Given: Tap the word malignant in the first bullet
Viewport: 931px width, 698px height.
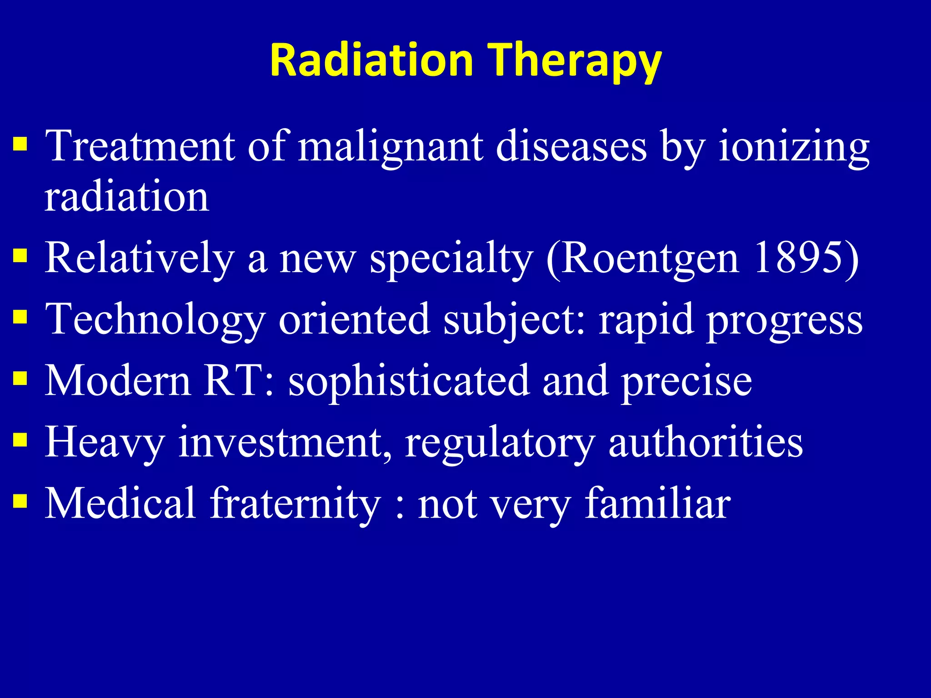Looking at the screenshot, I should (390, 146).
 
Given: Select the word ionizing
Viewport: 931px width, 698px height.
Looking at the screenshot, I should (793, 146).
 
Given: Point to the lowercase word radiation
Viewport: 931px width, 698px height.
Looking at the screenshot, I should (126, 196).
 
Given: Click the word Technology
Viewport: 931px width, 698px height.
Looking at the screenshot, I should (155, 319).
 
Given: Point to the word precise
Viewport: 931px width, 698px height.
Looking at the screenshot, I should (686, 381).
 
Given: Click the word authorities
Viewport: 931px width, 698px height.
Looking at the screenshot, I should (705, 442).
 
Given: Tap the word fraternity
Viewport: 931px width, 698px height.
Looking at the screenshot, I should (295, 503).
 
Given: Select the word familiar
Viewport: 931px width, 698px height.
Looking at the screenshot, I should (657, 503).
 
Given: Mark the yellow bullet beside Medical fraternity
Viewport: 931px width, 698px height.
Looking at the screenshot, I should (20, 501).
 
